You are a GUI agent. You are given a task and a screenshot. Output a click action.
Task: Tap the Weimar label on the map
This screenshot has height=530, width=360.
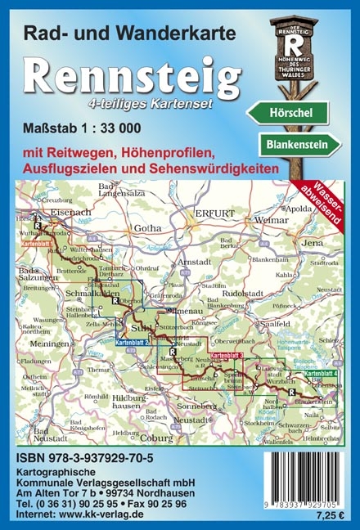click(272, 221)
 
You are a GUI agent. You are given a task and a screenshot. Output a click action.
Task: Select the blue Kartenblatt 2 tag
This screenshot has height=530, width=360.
click(130, 342)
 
